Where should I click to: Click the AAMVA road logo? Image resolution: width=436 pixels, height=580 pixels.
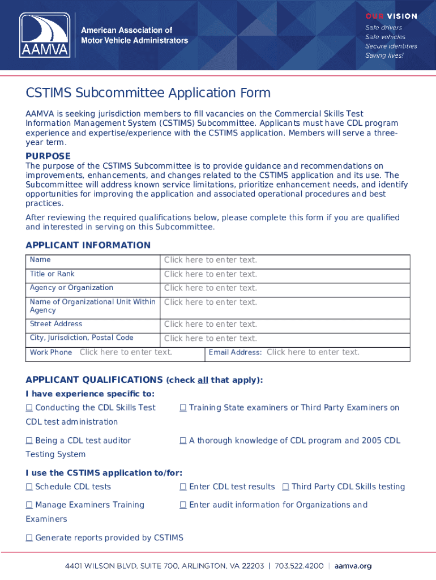point(45,35)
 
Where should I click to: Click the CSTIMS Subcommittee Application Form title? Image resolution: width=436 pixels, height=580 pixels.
point(148,93)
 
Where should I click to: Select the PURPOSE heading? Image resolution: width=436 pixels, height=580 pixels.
point(48,156)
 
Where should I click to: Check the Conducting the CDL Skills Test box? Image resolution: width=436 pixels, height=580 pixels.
point(29,408)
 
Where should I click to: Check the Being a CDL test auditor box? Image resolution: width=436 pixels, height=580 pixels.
point(29,441)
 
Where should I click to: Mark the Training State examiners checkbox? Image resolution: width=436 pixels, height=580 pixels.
point(183,408)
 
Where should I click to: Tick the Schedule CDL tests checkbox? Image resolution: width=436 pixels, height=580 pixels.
point(29,487)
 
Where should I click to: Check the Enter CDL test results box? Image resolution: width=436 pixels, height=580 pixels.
point(183,487)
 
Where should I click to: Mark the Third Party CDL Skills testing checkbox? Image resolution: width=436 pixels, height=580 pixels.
point(285,487)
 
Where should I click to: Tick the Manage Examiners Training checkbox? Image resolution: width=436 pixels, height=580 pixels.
point(29,505)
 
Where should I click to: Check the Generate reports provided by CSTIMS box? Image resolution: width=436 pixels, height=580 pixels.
point(29,538)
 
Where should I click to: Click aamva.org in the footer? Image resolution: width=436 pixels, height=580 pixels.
point(353,566)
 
